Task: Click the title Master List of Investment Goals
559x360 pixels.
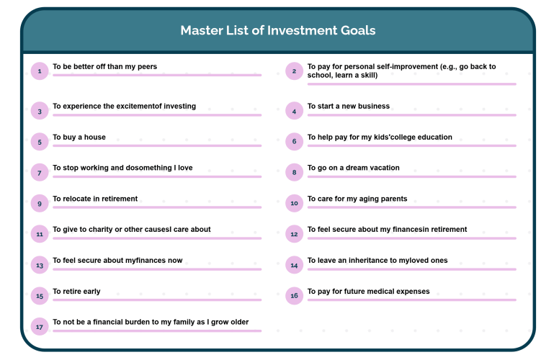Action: (x=278, y=30)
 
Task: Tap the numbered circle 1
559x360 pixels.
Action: (x=40, y=71)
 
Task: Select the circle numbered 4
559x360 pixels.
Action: (x=294, y=111)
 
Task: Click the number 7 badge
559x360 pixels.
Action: (x=40, y=173)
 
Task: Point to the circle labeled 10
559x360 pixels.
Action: (x=294, y=203)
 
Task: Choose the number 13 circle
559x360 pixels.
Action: (x=40, y=265)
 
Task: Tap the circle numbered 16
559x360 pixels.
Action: (x=294, y=295)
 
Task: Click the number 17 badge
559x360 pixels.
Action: (x=40, y=326)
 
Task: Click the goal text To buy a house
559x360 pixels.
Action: (x=79, y=137)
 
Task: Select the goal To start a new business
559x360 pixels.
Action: (x=349, y=106)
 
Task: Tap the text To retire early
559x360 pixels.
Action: (x=76, y=291)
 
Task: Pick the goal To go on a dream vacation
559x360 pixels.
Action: (x=353, y=168)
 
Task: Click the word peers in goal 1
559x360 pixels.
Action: (x=147, y=67)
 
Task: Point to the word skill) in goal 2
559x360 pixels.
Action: (x=368, y=75)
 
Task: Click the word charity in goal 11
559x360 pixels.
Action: (x=101, y=229)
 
